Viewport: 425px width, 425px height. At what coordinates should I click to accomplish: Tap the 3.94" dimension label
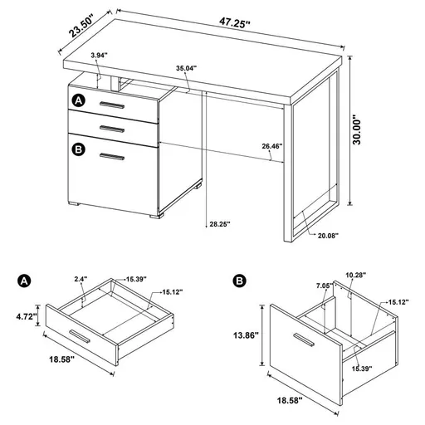[99, 56]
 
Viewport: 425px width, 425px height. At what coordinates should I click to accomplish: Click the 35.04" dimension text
[188, 69]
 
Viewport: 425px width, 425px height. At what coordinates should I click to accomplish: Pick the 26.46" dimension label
[272, 147]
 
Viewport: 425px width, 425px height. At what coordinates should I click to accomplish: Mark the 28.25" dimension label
[220, 223]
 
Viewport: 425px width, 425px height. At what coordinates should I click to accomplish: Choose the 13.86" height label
[245, 335]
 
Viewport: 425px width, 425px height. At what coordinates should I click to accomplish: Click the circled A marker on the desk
[78, 100]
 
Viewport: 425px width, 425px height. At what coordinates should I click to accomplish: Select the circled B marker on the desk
[78, 149]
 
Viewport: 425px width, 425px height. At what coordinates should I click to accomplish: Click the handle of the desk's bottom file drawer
[111, 155]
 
